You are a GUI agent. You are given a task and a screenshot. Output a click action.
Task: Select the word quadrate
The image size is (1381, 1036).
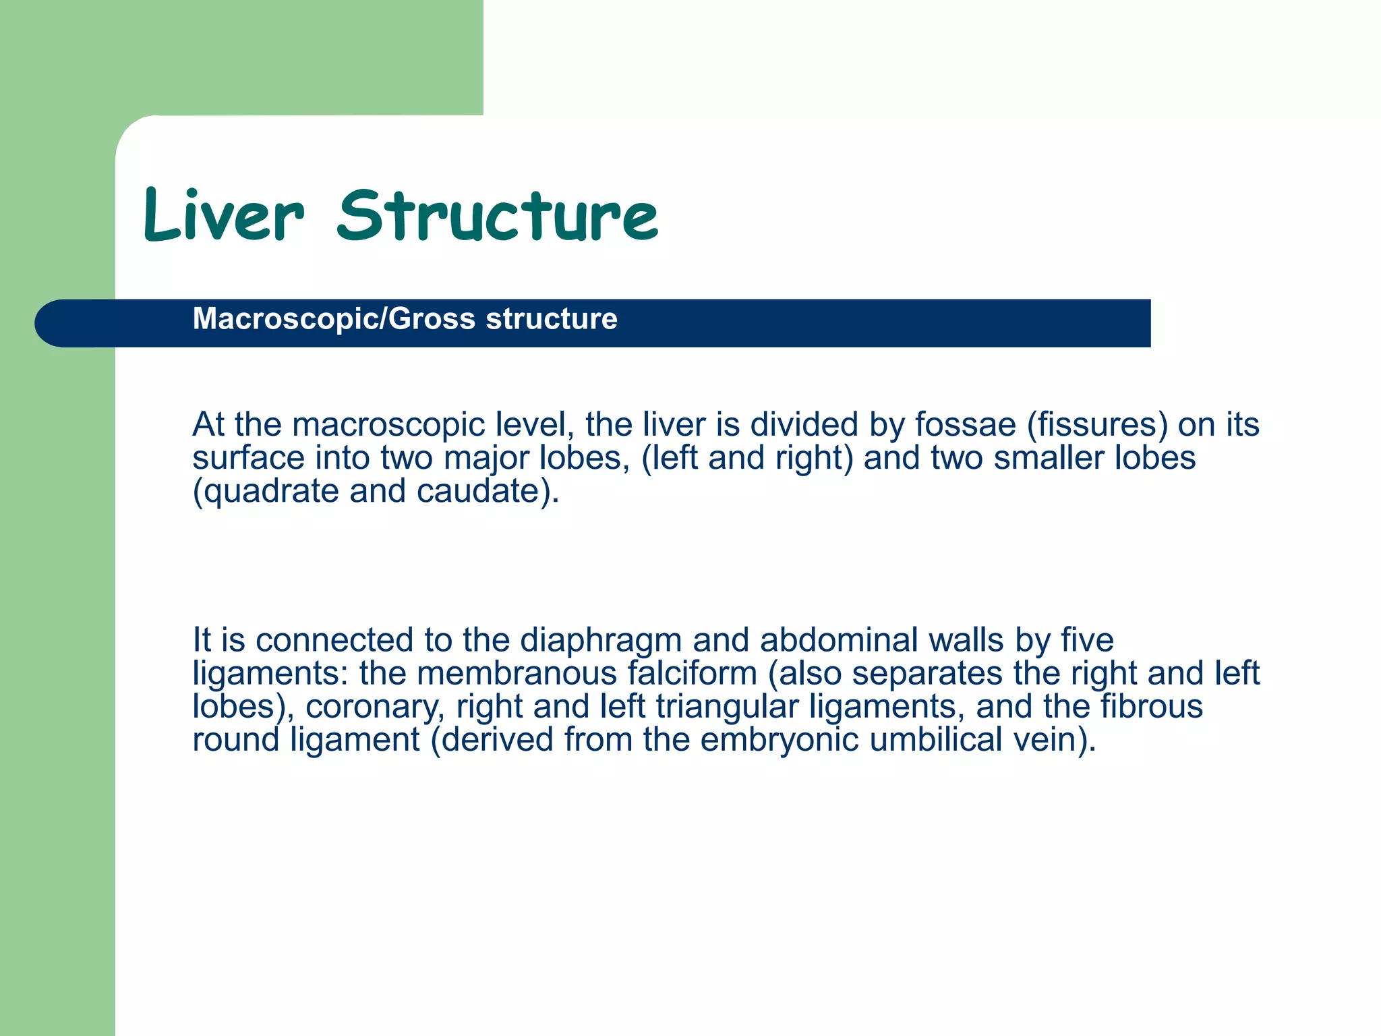[x=270, y=492]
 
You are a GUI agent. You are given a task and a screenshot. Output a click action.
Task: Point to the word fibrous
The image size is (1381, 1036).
[x=1152, y=706]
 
